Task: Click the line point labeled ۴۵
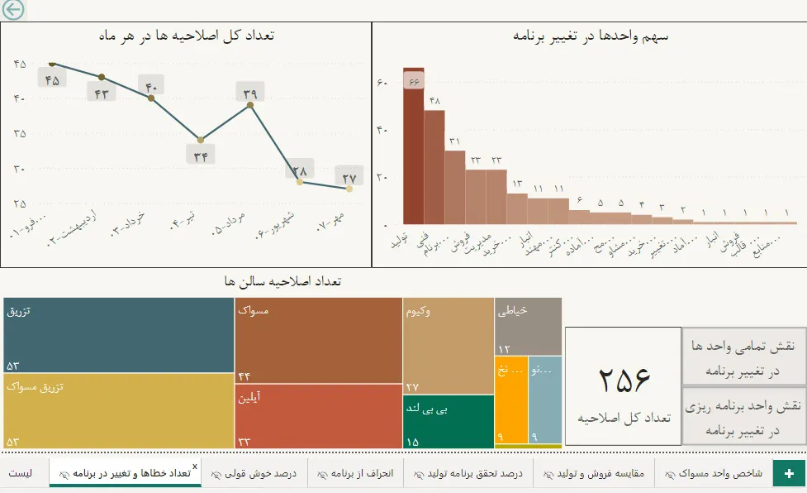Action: point(52,63)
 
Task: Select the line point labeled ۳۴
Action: point(201,140)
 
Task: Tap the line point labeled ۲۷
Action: point(349,189)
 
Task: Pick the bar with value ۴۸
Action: point(434,166)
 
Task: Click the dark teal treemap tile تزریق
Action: point(118,335)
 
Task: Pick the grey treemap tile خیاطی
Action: point(528,327)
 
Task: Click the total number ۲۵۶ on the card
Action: point(624,379)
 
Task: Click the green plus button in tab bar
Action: point(789,473)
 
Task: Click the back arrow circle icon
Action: point(12,9)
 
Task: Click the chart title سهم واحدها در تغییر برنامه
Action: point(590,36)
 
